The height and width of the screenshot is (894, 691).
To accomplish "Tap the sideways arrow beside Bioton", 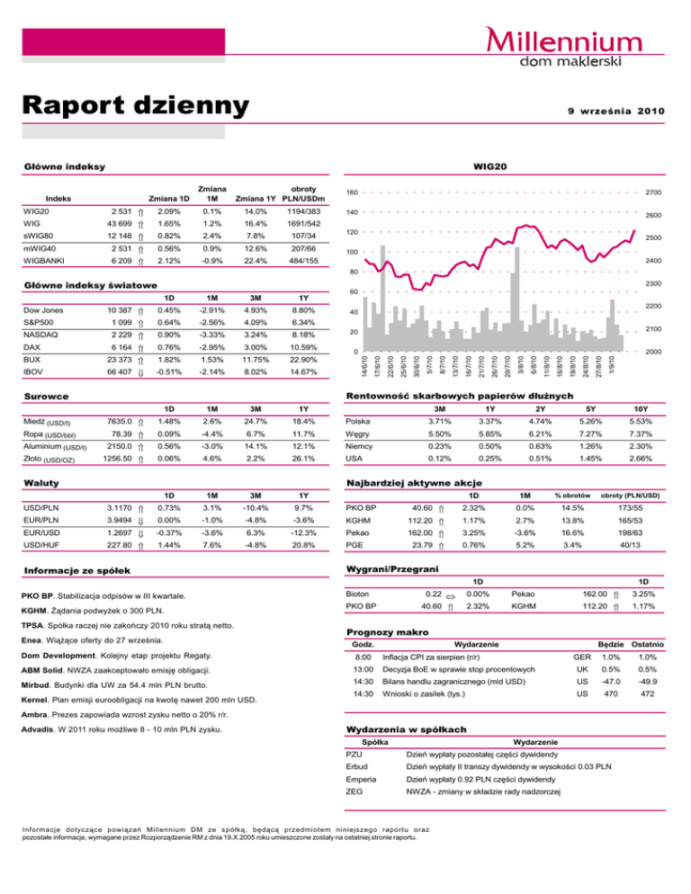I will [452, 595].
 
